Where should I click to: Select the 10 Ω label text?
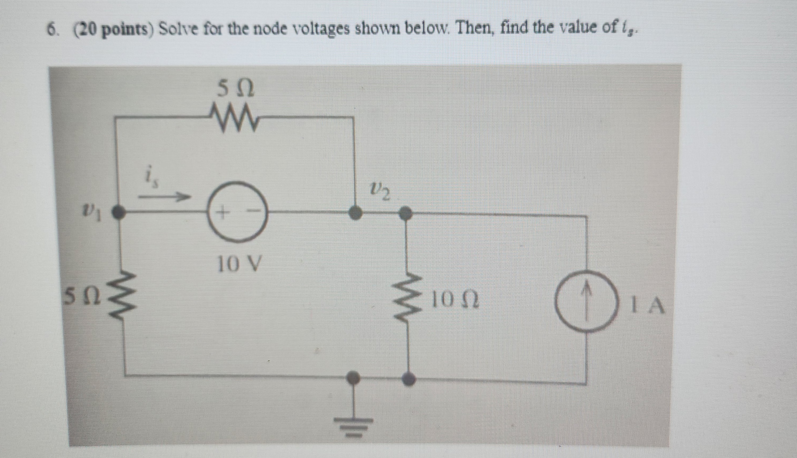pyautogui.click(x=456, y=300)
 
